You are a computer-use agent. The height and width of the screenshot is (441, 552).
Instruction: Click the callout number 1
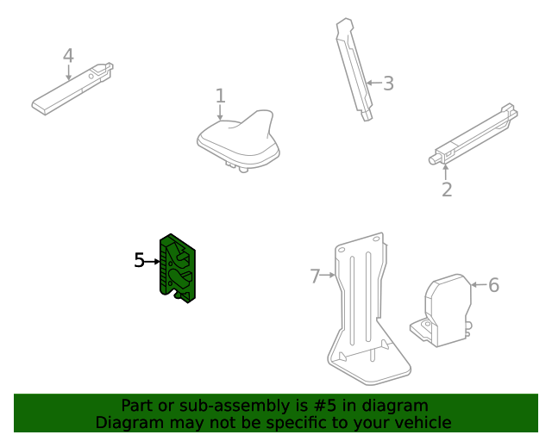point(220,96)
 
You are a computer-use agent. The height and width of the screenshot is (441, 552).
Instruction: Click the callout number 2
point(447,189)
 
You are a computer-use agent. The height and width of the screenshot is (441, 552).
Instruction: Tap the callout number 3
point(388,84)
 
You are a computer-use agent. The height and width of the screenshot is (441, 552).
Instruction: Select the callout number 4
point(68,56)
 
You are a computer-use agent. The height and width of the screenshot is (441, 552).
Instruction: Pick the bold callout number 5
point(139,260)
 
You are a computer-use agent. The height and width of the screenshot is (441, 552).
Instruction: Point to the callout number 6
point(493,285)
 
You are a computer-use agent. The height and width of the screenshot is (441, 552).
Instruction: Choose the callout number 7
point(315,276)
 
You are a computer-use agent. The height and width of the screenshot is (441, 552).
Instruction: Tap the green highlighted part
point(179,268)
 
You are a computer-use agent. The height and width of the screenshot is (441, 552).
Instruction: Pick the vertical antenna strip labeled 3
point(354,69)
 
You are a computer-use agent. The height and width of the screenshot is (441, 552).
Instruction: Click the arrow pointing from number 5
point(153,260)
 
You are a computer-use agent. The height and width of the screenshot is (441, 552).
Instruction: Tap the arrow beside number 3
point(373,84)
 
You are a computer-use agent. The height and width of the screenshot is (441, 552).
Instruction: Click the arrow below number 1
point(220,113)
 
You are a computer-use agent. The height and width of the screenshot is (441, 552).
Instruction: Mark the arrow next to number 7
point(329,276)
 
